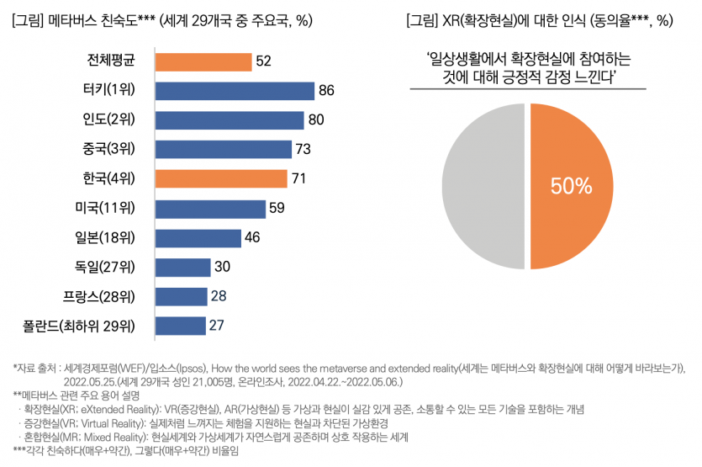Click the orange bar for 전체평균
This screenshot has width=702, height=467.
(203, 62)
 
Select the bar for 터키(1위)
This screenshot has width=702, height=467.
(235, 91)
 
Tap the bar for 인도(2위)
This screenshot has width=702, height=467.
(230, 120)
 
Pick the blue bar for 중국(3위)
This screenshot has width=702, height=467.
(223, 150)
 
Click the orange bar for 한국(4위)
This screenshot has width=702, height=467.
(221, 178)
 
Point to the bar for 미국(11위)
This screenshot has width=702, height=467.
(210, 208)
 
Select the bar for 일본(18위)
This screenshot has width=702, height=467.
(198, 237)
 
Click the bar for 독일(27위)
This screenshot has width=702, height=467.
(182, 267)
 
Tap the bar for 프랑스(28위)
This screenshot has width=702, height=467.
(181, 296)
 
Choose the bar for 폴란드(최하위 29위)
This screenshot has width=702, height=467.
(180, 325)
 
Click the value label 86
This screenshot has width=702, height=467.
(327, 91)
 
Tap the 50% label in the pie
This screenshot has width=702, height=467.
(572, 186)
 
